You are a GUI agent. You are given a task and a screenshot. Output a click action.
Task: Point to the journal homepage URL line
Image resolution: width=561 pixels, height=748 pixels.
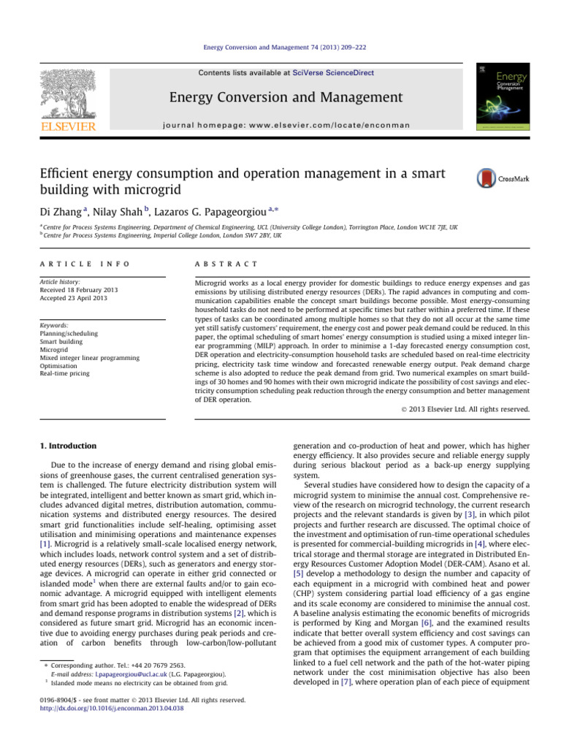click(x=281, y=124)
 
